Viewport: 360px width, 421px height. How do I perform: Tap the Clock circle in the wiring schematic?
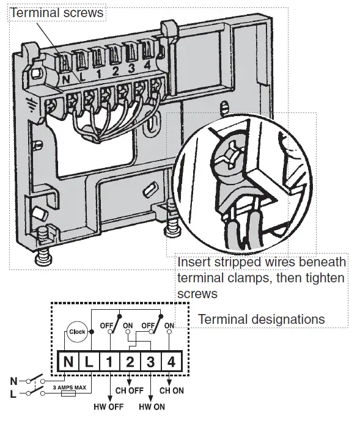coord(77,331)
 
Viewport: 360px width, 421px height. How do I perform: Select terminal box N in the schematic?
coord(68,362)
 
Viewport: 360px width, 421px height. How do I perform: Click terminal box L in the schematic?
coord(89,362)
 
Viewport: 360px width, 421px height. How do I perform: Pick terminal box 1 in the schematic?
coord(109,362)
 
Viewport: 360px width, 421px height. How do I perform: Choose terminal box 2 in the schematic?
coord(130,362)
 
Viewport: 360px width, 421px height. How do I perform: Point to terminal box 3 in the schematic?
coord(151,362)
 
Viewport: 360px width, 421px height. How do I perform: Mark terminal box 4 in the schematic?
coord(171,362)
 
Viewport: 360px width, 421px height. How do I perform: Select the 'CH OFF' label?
coord(129,390)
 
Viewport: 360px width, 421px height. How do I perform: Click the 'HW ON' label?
coord(152,406)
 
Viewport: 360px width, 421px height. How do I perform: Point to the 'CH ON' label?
coord(172,390)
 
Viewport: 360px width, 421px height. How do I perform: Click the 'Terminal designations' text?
coord(261,320)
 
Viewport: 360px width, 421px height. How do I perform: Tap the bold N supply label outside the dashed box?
coord(13,381)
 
